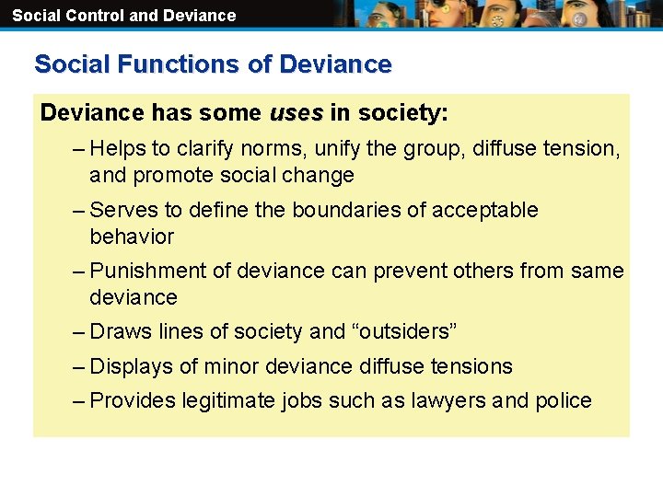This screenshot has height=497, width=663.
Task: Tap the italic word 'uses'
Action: point(296,113)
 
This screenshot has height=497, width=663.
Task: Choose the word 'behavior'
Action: point(132,237)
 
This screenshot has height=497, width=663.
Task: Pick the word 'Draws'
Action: point(122,331)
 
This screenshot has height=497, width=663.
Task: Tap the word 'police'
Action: point(564,400)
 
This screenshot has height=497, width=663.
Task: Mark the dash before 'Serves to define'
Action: point(79,210)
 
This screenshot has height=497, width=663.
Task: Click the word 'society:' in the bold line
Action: point(402,113)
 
